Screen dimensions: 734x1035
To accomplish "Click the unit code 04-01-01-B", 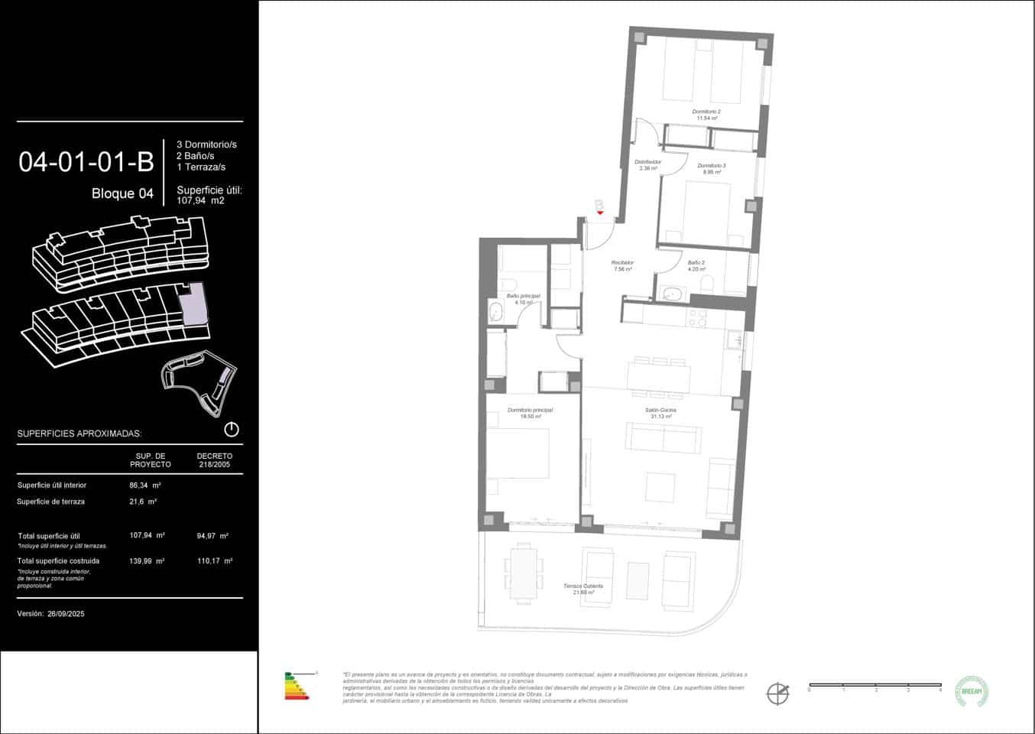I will pyautogui.click(x=86, y=162).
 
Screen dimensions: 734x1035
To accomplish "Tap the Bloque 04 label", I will pyautogui.click(x=122, y=193).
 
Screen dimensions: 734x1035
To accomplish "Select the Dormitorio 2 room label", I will pyautogui.click(x=706, y=112).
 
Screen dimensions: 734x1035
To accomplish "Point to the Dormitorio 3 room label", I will pyautogui.click(x=711, y=166).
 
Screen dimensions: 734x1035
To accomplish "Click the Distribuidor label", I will pyautogui.click(x=647, y=162).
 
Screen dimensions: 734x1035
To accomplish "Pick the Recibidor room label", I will pyautogui.click(x=621, y=263).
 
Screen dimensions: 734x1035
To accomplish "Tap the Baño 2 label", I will pyautogui.click(x=696, y=263).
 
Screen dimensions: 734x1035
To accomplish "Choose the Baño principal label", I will pyautogui.click(x=523, y=296).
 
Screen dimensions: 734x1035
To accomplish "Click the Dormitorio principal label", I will pyautogui.click(x=530, y=411).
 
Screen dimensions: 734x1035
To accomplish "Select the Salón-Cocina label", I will pyautogui.click(x=660, y=411).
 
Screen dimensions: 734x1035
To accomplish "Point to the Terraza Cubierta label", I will pyautogui.click(x=583, y=586).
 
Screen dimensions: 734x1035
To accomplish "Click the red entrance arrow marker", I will pyautogui.click(x=600, y=212).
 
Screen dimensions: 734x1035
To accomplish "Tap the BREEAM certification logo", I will pyautogui.click(x=972, y=691).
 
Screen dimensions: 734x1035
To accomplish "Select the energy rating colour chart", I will pyautogui.click(x=297, y=686).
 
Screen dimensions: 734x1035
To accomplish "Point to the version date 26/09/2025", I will pyautogui.click(x=66, y=614).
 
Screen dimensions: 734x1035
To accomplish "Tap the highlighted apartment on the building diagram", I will pyautogui.click(x=193, y=304).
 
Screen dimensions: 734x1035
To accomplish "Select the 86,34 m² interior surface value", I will pyautogui.click(x=145, y=485).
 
